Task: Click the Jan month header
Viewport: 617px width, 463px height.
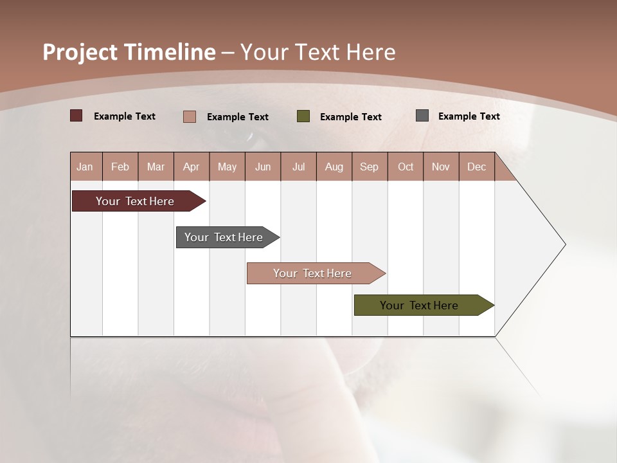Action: (x=85, y=167)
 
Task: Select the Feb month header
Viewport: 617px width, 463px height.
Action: (x=120, y=167)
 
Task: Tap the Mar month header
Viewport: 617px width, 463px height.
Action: (x=156, y=167)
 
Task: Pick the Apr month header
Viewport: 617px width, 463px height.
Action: (x=192, y=167)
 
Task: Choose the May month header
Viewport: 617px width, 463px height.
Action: (x=227, y=167)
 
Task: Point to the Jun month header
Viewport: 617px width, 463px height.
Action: (x=263, y=167)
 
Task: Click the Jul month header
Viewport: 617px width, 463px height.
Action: (x=298, y=167)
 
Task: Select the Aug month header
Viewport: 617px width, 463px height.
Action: (x=334, y=167)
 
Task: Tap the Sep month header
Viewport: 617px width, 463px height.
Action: (x=370, y=167)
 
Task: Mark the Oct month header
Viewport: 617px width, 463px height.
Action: (x=406, y=167)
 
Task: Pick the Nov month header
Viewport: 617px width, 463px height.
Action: (x=441, y=167)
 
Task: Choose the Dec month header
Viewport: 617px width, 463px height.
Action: (x=477, y=167)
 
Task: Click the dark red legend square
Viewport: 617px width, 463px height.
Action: (x=76, y=116)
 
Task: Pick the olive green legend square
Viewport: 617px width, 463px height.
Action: (x=303, y=116)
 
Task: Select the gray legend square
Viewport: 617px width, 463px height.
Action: (x=422, y=116)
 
